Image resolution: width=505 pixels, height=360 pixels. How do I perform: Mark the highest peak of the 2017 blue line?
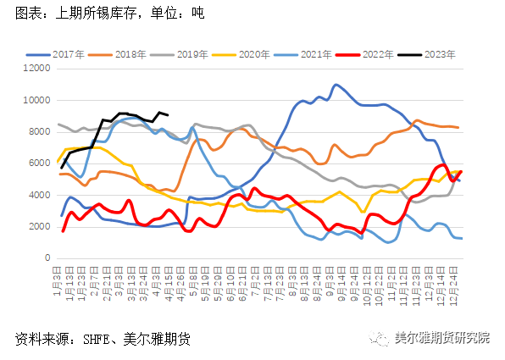click(336, 85)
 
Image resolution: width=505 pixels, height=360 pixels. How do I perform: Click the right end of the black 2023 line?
click(168, 115)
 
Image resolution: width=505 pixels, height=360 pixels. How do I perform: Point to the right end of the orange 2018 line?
click(458, 127)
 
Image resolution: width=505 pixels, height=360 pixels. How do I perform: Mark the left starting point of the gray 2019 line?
click(58, 125)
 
